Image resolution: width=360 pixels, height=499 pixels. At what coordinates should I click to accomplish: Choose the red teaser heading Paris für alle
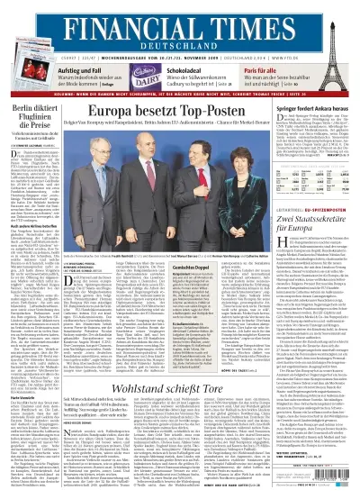(260, 70)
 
